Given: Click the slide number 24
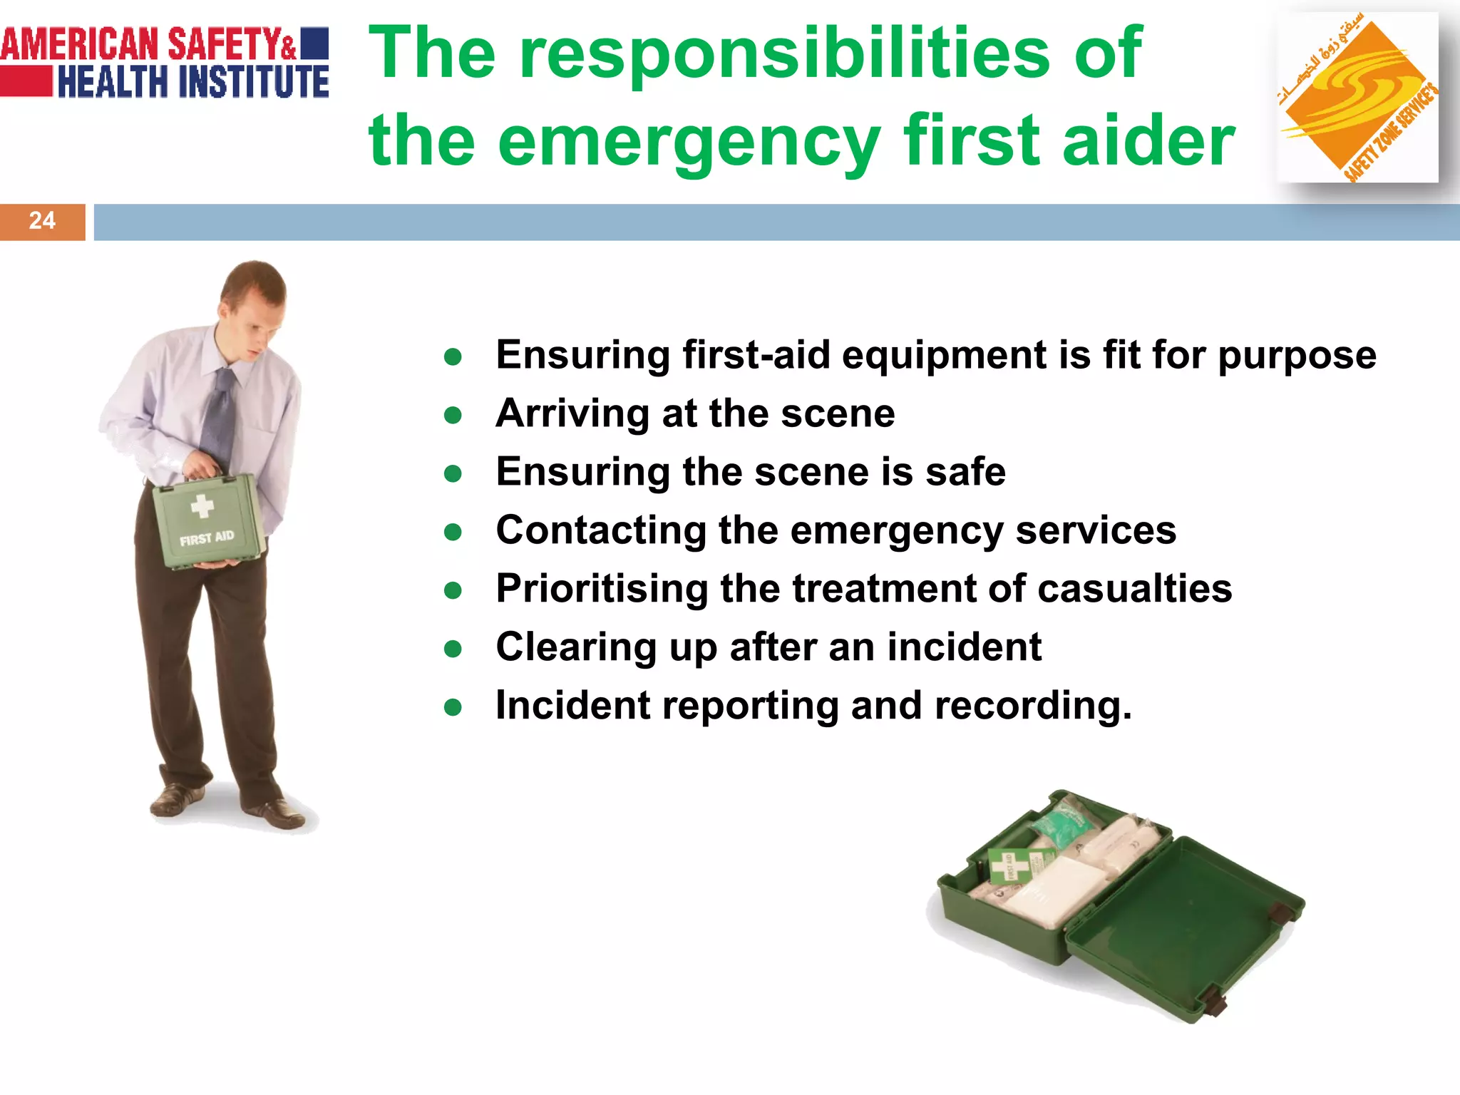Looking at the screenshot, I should (x=42, y=221).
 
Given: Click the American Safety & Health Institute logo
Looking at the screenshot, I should (x=165, y=63).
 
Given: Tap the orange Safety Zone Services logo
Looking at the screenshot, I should (x=1357, y=98).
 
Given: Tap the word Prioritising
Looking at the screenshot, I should (x=602, y=590).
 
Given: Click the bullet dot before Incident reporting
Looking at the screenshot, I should (x=453, y=707).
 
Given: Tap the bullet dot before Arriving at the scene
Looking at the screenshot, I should (x=453, y=415).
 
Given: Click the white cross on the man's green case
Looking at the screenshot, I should (x=202, y=505).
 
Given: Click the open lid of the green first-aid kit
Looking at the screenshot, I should (x=1183, y=927).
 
